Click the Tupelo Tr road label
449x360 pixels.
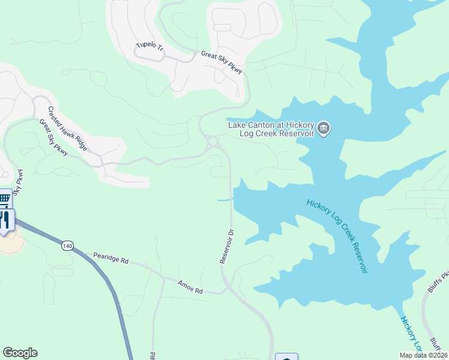click(149, 46)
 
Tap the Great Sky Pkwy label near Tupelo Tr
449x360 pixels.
click(222, 62)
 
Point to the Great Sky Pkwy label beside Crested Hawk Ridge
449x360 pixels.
click(53, 138)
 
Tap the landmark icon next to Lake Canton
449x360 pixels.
click(324, 128)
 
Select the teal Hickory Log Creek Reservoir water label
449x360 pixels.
click(336, 236)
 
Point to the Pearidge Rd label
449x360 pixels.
click(112, 259)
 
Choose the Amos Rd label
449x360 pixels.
click(190, 287)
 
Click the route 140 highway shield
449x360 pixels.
click(67, 245)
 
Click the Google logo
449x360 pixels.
click(20, 353)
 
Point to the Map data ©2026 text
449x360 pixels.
click(423, 355)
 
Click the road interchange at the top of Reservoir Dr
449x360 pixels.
click(212, 143)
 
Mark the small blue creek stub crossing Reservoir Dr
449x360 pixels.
click(224, 200)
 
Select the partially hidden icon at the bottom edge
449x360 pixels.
click(286, 356)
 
